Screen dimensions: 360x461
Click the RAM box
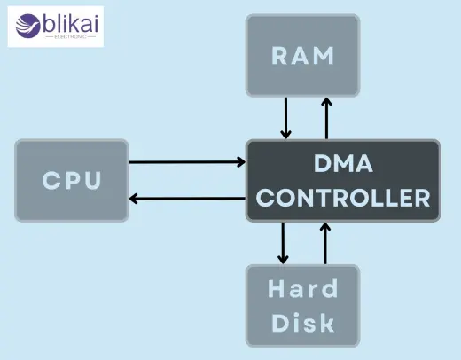click(304, 56)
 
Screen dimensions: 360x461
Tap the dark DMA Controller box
click(343, 179)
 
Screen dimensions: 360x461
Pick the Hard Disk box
click(304, 304)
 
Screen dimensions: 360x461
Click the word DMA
click(344, 164)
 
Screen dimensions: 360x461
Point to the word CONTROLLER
click(343, 197)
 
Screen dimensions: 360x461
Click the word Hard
click(304, 289)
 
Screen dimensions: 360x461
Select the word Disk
click(304, 320)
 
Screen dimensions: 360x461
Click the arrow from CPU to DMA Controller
click(187, 162)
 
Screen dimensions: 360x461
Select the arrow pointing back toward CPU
click(187, 198)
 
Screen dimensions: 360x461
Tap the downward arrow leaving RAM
click(285, 118)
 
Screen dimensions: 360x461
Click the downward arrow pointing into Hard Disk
click(284, 241)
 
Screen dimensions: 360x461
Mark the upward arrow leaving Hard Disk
click(325, 241)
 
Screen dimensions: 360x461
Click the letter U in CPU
click(93, 182)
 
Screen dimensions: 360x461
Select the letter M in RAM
click(325, 56)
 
